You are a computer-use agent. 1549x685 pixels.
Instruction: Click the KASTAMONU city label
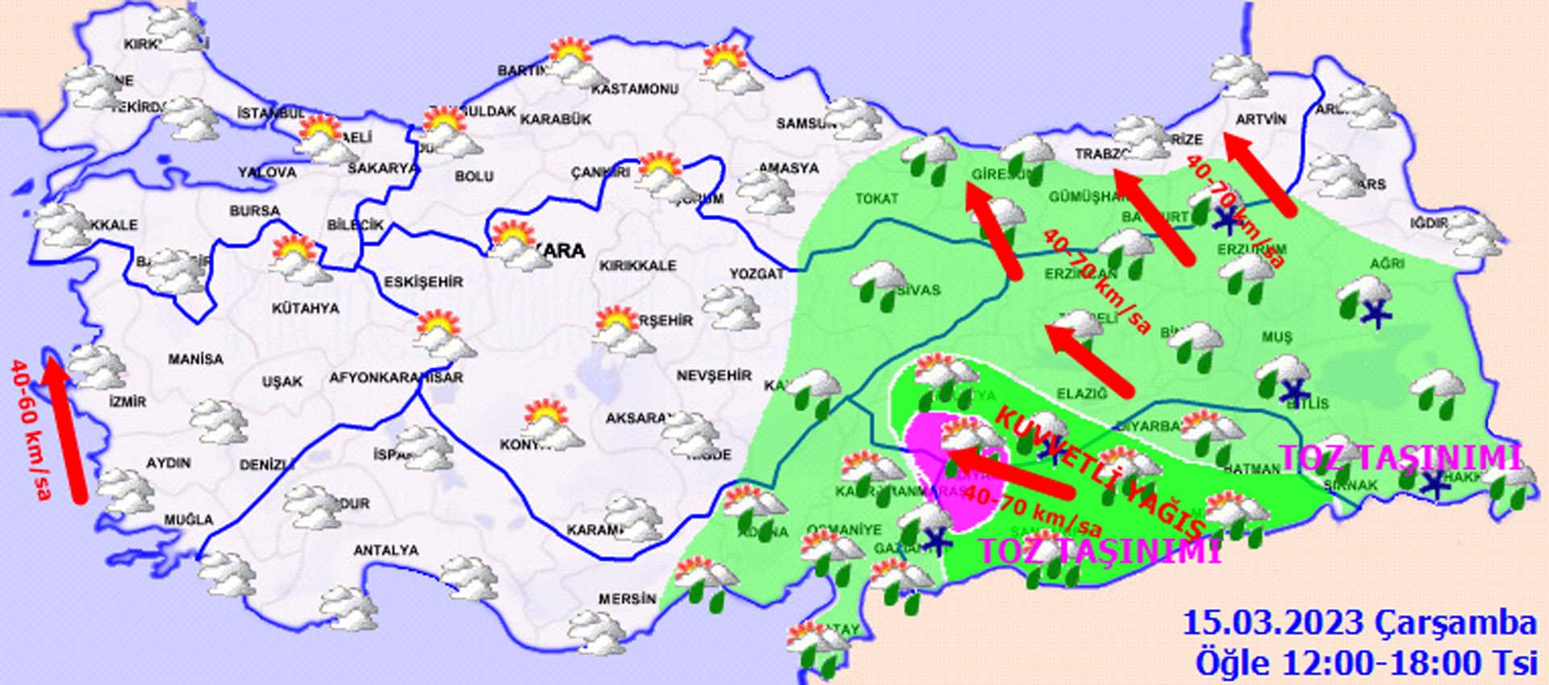point(634,90)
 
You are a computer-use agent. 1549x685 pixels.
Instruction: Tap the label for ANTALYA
point(386,550)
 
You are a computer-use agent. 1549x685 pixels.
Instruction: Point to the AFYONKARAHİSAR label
point(395,377)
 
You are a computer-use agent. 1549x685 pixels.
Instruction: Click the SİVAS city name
point(918,290)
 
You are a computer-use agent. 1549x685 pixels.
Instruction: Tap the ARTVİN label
point(1260,119)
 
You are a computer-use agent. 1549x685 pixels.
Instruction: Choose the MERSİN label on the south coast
point(627,599)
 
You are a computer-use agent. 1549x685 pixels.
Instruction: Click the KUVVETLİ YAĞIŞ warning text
point(1101,472)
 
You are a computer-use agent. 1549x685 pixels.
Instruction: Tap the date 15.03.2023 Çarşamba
point(1359,624)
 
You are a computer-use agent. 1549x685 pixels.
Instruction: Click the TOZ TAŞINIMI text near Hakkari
point(1400,458)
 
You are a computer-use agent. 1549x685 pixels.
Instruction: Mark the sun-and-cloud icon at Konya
point(551,424)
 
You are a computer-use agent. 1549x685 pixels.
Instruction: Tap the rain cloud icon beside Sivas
point(877,281)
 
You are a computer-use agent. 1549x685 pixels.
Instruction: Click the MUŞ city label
point(1276,337)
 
